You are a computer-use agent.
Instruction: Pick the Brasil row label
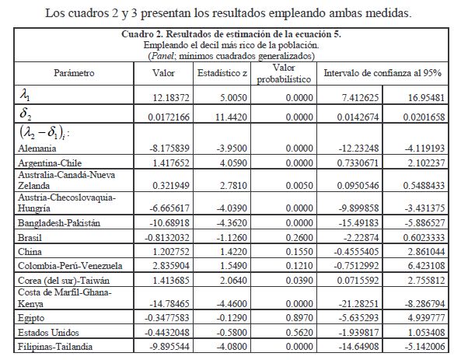30,238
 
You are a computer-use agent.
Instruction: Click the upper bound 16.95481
428,98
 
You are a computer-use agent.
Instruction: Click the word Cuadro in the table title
139,34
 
